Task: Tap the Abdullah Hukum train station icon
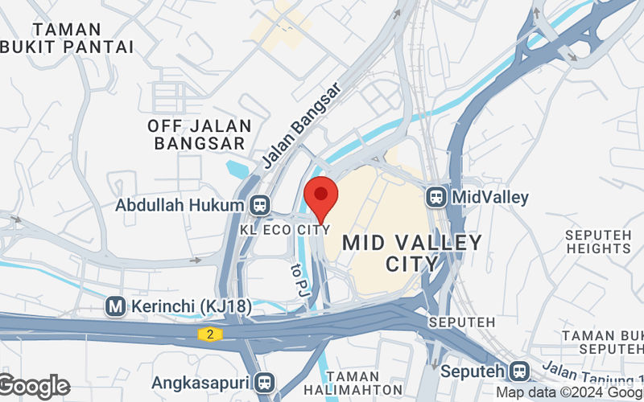259,205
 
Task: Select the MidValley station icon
436,196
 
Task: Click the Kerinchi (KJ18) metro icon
116,306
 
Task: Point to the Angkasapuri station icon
263,381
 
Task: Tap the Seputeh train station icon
519,371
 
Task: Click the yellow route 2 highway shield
208,333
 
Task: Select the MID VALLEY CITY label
412,252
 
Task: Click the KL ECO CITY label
285,229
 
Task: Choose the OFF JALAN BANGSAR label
200,134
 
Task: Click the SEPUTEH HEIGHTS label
598,241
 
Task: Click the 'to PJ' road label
298,278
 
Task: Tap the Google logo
35,387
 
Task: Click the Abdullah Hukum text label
179,205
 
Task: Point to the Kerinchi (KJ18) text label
190,306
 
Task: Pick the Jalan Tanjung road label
592,371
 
